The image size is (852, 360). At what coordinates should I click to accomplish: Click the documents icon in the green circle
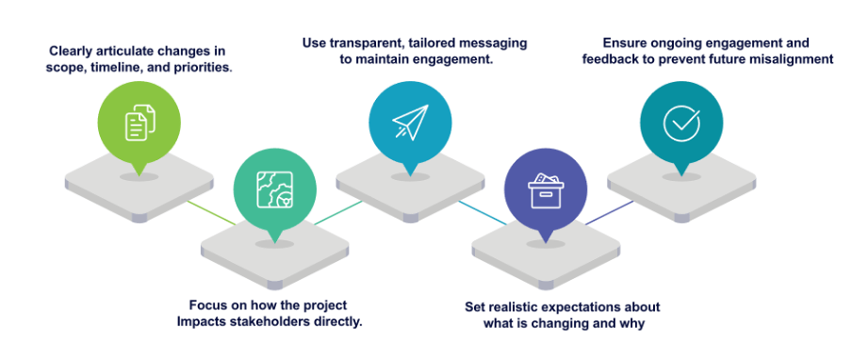click(x=140, y=123)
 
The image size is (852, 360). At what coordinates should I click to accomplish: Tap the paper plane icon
click(x=410, y=123)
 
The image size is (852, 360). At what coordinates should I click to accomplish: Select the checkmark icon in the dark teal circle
click(x=681, y=123)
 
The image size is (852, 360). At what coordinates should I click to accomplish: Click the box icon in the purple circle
click(x=546, y=190)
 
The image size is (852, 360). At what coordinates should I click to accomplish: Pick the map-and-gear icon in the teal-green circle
click(x=274, y=190)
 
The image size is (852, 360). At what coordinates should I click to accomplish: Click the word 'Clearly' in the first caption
click(x=70, y=52)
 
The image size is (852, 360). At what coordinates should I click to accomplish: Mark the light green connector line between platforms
click(x=212, y=213)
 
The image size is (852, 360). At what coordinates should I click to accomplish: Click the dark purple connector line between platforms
click(x=609, y=213)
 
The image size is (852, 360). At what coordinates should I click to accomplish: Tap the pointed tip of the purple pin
click(x=545, y=243)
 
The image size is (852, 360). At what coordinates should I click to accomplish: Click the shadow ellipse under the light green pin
click(x=139, y=177)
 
